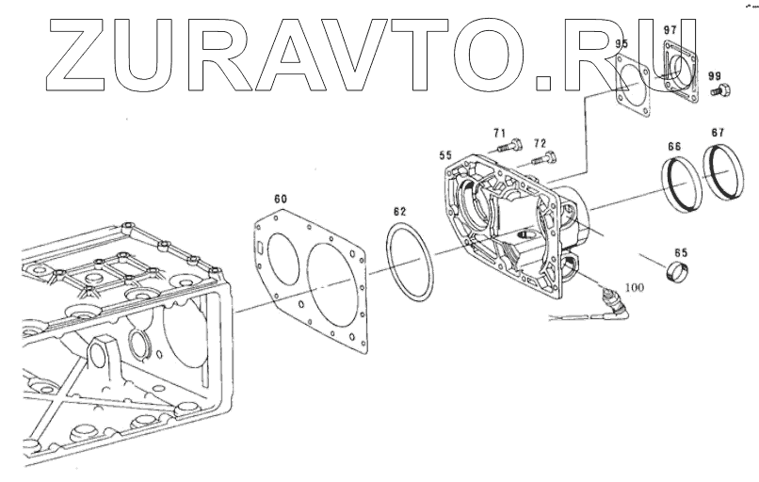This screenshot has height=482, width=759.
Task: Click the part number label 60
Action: pos(280,199)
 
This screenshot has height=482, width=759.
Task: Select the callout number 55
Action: pos(446,154)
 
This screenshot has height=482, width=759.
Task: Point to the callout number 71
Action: pos(499,133)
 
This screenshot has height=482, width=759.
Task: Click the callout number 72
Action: pos(540,143)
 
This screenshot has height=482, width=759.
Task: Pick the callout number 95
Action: pos(622,44)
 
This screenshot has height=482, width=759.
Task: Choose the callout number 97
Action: pos(670,31)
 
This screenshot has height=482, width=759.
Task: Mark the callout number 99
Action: pos(714,76)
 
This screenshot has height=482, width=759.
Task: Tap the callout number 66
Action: pos(674,147)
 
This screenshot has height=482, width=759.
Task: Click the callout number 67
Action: pos(718,133)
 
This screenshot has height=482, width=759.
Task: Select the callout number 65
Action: pos(681,253)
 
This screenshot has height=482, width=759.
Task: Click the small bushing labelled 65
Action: pos(681,275)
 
